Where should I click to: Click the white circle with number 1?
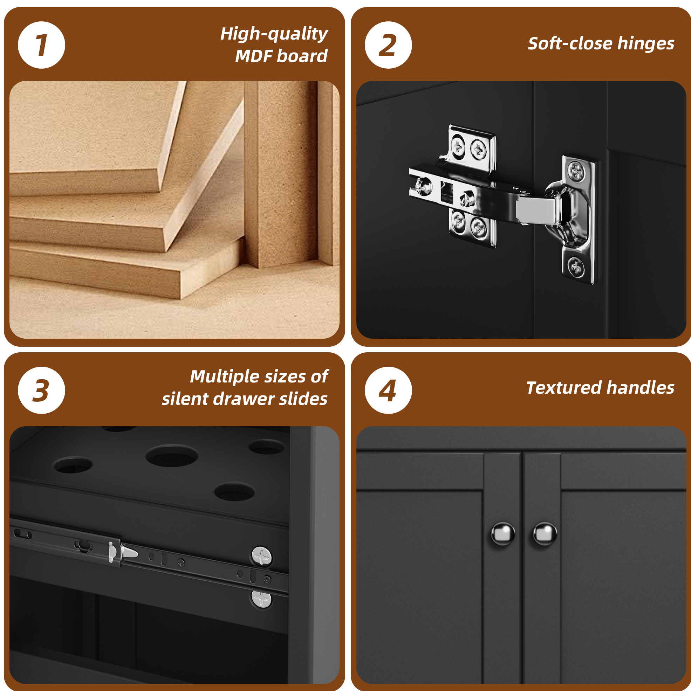[41, 45]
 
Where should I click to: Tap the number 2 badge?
[388, 45]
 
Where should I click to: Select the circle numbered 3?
[41, 390]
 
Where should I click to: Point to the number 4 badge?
[388, 390]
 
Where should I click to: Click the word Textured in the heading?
[563, 388]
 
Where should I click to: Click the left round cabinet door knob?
[503, 534]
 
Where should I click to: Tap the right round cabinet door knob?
[545, 534]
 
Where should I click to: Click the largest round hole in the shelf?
[172, 455]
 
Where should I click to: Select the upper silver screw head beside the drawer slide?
[262, 556]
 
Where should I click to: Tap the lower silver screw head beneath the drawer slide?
[262, 599]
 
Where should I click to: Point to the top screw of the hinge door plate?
[576, 171]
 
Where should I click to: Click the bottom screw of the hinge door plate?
[576, 266]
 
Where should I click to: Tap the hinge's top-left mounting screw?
[458, 146]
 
